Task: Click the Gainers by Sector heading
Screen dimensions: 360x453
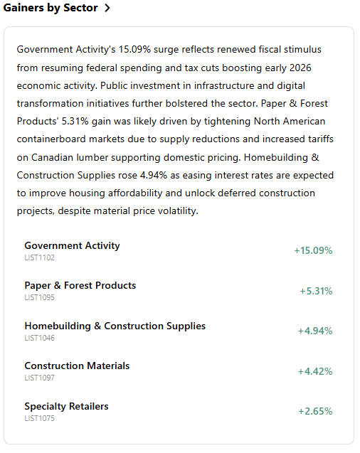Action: tap(49, 9)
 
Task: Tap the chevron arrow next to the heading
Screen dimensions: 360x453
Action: tap(107, 9)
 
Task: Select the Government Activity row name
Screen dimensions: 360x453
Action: tap(72, 245)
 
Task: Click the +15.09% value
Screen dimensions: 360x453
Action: tap(313, 250)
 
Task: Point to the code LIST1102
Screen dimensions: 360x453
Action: tap(39, 257)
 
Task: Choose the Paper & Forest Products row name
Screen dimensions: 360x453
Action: tap(80, 285)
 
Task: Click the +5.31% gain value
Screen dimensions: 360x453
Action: tap(316, 291)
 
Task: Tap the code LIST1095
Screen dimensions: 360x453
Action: tap(39, 297)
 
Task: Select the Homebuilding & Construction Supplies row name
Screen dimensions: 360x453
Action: tap(115, 326)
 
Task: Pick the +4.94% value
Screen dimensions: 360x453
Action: tap(314, 331)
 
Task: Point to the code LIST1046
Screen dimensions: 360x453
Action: tap(39, 338)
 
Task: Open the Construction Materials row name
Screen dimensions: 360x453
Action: tap(77, 366)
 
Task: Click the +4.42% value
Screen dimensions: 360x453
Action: tap(314, 371)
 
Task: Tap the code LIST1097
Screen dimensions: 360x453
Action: tap(39, 378)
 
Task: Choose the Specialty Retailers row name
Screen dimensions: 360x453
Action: tap(66, 406)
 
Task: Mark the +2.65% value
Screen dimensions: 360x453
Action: tap(314, 411)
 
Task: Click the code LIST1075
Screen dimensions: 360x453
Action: tap(39, 418)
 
